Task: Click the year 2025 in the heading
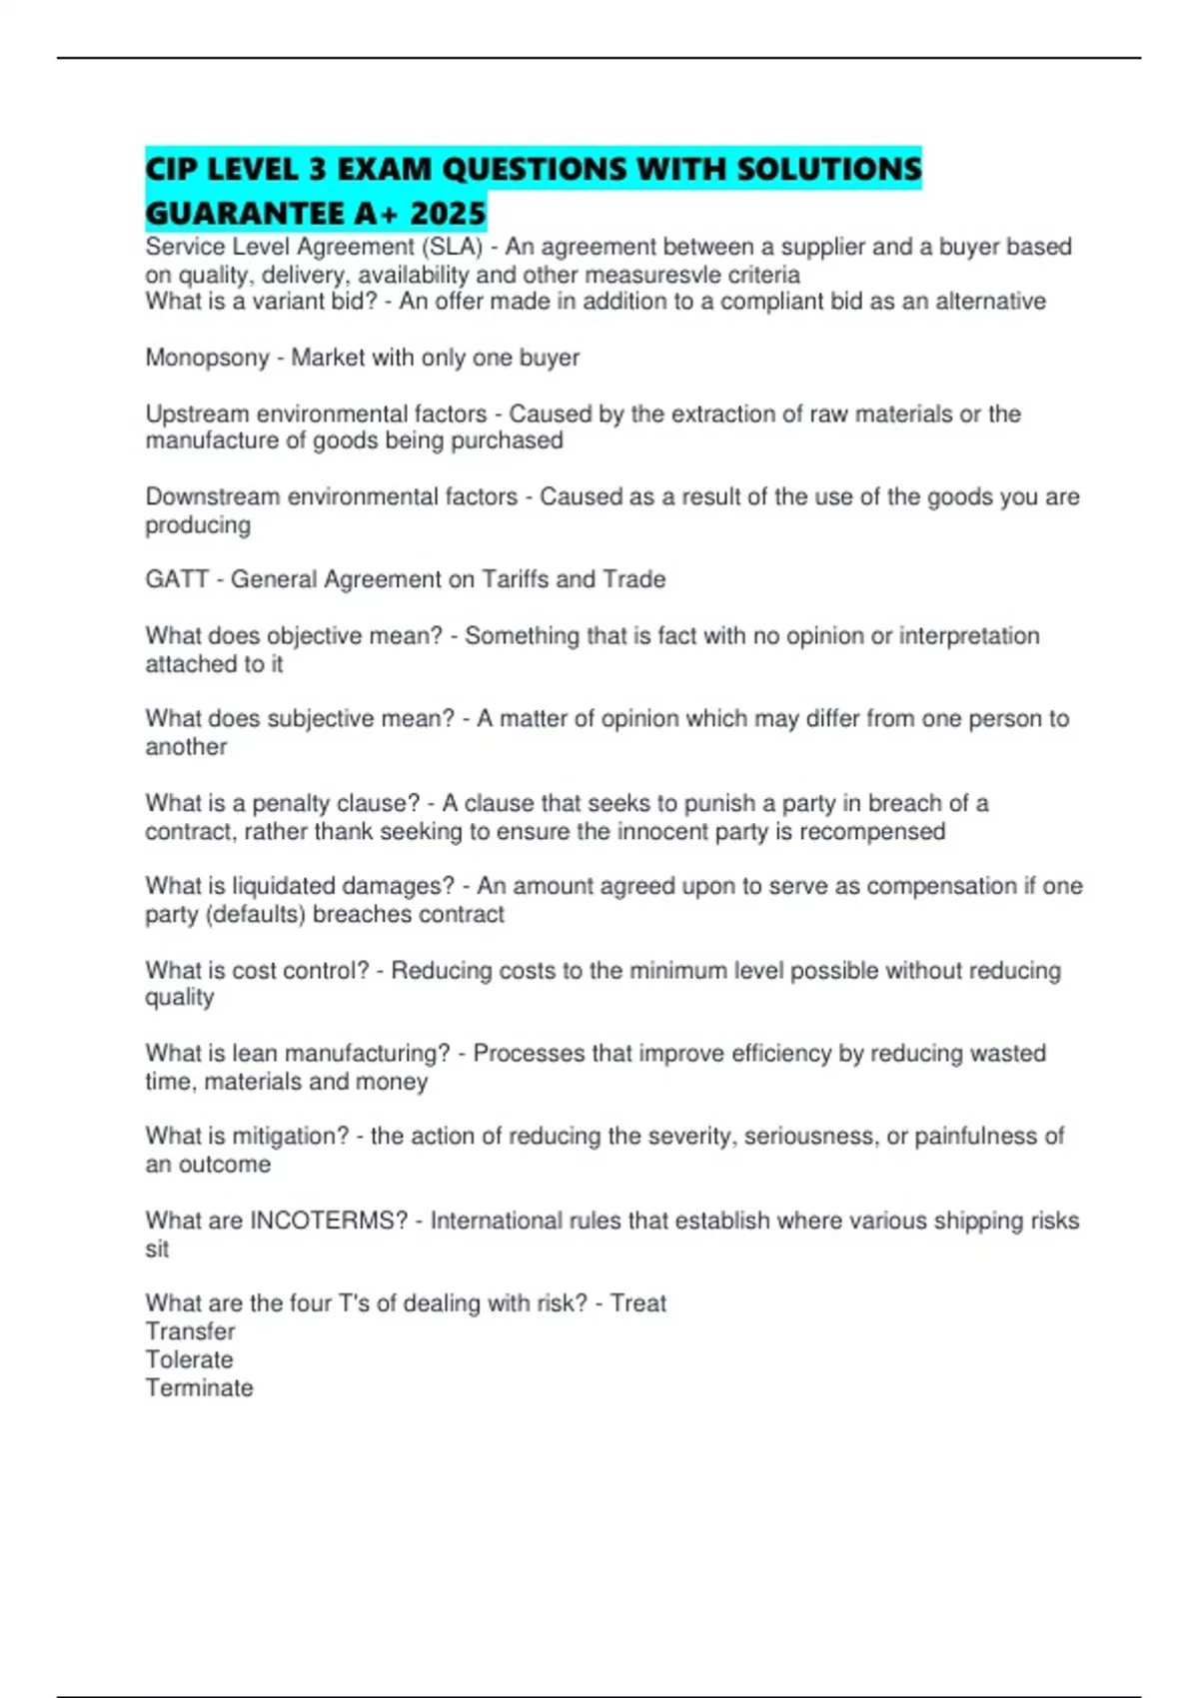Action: [448, 213]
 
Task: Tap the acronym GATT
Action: [177, 579]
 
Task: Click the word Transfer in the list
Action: [190, 1331]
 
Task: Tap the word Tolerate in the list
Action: [189, 1359]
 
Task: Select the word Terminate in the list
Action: [199, 1387]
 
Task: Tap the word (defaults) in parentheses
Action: [255, 914]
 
